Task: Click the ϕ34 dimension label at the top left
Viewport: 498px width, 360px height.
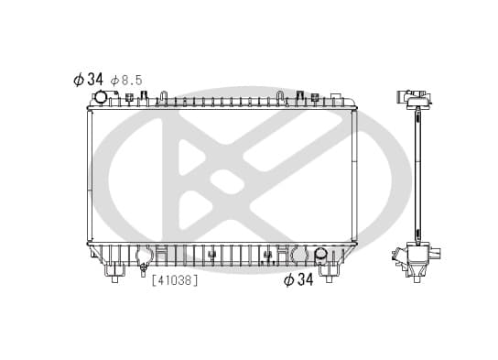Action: [88, 80]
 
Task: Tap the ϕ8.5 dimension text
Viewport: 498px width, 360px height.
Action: [126, 81]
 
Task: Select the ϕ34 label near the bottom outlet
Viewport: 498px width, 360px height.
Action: [298, 279]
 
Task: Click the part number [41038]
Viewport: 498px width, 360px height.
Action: [175, 280]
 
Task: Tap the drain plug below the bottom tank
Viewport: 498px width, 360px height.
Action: [143, 269]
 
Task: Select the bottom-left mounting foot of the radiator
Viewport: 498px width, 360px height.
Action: [114, 273]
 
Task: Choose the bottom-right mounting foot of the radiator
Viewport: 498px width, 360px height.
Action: [329, 273]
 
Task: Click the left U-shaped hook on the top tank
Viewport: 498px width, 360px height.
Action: [163, 97]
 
